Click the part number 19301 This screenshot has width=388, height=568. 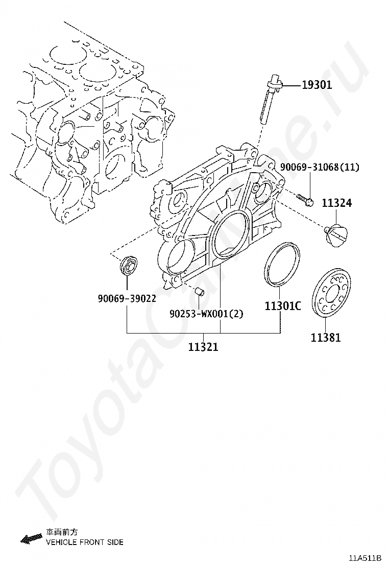316,85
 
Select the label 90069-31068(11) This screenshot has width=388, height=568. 320,167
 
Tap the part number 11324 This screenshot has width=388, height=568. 336,203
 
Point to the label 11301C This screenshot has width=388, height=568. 282,306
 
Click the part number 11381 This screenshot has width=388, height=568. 326,337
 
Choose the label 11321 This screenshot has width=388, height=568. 203,347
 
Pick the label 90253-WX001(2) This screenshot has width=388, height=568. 207,314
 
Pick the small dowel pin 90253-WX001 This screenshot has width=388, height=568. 201,292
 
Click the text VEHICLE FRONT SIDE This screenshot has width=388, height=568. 85,542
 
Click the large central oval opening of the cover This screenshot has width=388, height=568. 230,235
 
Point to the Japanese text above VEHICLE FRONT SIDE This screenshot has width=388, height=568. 62,532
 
